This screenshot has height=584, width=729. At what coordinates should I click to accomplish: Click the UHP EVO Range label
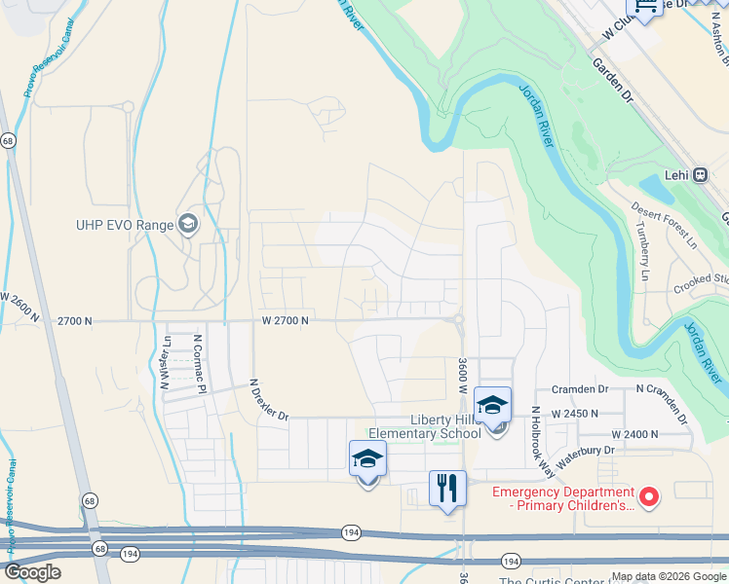[124, 225]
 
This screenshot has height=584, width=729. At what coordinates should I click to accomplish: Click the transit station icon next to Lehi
[701, 175]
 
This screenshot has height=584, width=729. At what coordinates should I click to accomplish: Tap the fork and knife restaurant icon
[447, 489]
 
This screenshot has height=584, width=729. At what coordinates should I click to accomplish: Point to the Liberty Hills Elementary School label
[424, 426]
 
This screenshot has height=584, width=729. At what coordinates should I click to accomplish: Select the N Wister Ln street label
[166, 362]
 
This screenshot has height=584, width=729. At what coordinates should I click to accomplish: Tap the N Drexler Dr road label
[269, 400]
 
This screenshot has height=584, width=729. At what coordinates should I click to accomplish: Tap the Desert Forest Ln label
[664, 222]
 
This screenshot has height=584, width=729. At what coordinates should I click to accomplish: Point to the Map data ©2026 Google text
[670, 576]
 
